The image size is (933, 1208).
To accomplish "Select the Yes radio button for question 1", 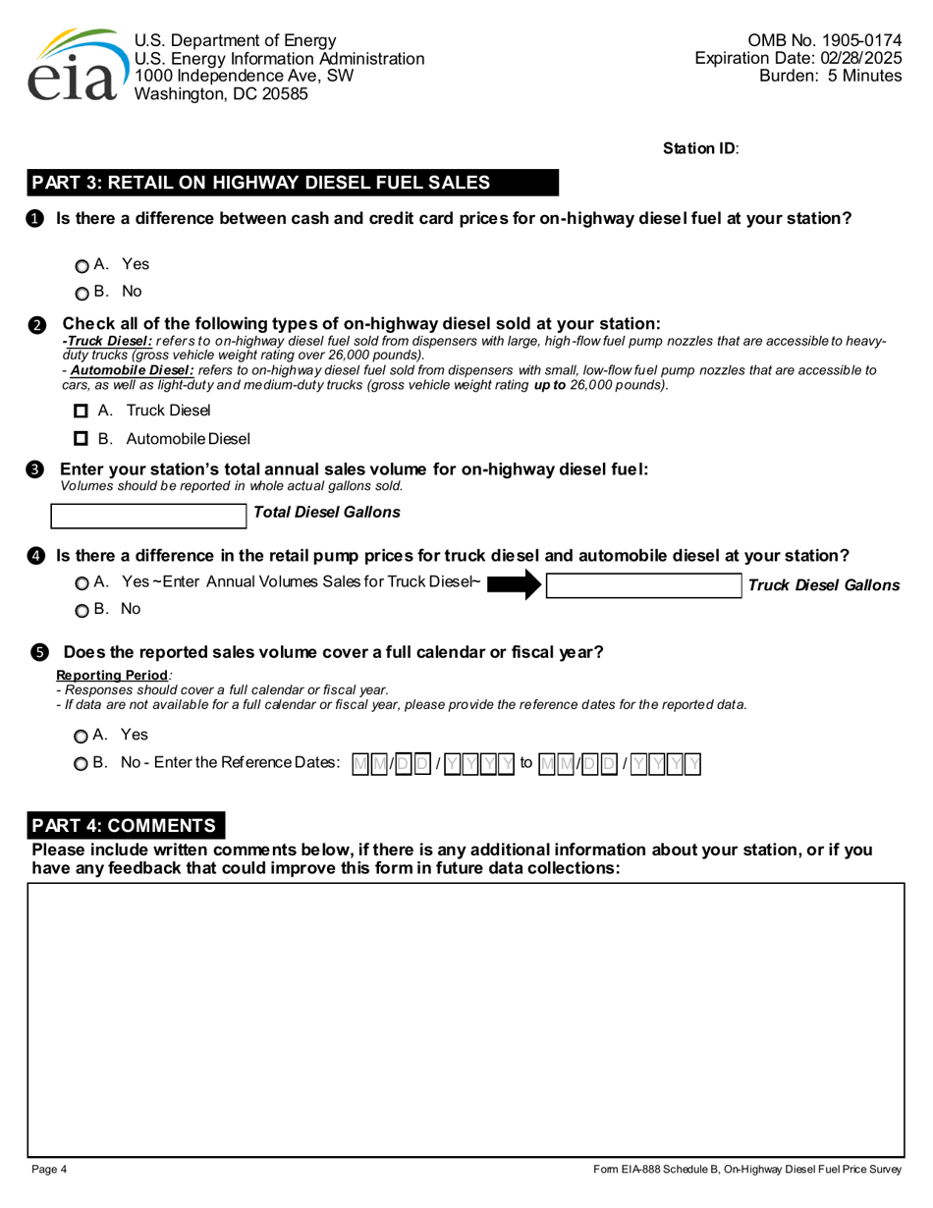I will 82,266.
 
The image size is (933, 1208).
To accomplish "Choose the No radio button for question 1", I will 82,293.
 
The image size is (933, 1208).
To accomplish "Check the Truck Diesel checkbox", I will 82,411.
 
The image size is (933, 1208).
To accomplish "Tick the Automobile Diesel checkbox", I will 82,438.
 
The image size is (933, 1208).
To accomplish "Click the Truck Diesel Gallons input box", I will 643,585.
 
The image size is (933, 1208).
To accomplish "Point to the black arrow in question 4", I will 515,585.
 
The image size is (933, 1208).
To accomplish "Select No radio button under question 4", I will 82,610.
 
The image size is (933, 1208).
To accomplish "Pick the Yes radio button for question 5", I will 82,736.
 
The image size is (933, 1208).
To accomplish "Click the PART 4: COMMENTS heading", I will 128,825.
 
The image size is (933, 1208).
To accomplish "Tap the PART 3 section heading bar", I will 293,183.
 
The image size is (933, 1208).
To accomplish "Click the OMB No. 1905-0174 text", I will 824,41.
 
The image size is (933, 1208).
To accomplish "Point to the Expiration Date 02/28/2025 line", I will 797,59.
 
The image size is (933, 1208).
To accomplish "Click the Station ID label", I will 701,148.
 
